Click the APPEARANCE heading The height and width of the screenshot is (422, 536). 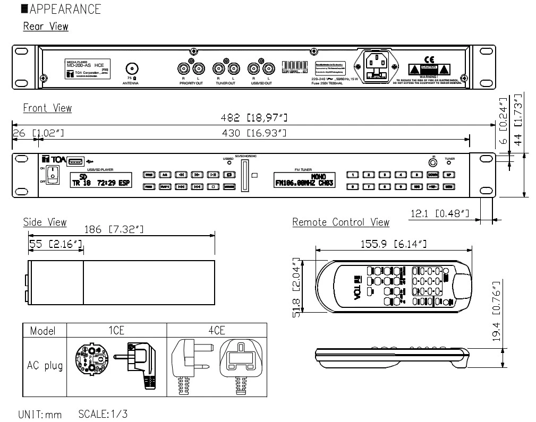tap(65, 10)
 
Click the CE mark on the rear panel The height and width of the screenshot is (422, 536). tap(429, 59)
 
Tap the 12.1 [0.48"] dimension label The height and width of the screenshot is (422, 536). tap(440, 213)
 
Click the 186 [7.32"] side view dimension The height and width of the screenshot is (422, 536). tap(115, 230)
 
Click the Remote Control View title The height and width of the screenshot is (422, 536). tap(341, 222)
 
